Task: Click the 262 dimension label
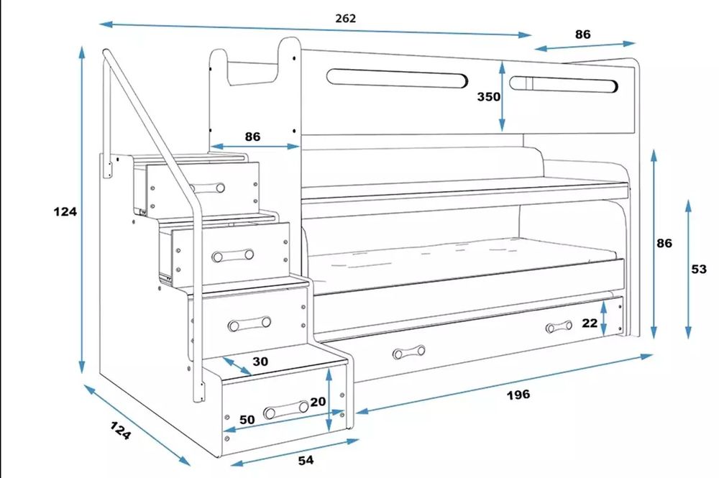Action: point(345,19)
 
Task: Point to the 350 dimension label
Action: point(488,97)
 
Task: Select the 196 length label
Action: point(518,394)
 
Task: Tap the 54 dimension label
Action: point(306,459)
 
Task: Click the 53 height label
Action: point(699,270)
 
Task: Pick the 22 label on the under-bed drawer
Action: point(590,323)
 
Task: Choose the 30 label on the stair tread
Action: point(260,362)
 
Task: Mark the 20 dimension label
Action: point(318,402)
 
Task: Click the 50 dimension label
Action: point(247,419)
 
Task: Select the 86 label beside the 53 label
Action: point(664,243)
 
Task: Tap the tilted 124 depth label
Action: point(121,431)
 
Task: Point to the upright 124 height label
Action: point(65,212)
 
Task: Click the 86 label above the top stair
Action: point(252,137)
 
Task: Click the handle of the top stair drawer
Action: point(207,188)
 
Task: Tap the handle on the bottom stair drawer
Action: point(286,410)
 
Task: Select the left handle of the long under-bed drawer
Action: point(409,352)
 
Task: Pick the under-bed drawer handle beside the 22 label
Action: point(559,327)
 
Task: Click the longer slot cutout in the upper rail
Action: point(397,78)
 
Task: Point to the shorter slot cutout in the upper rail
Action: point(564,84)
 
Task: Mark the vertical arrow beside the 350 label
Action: point(503,97)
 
